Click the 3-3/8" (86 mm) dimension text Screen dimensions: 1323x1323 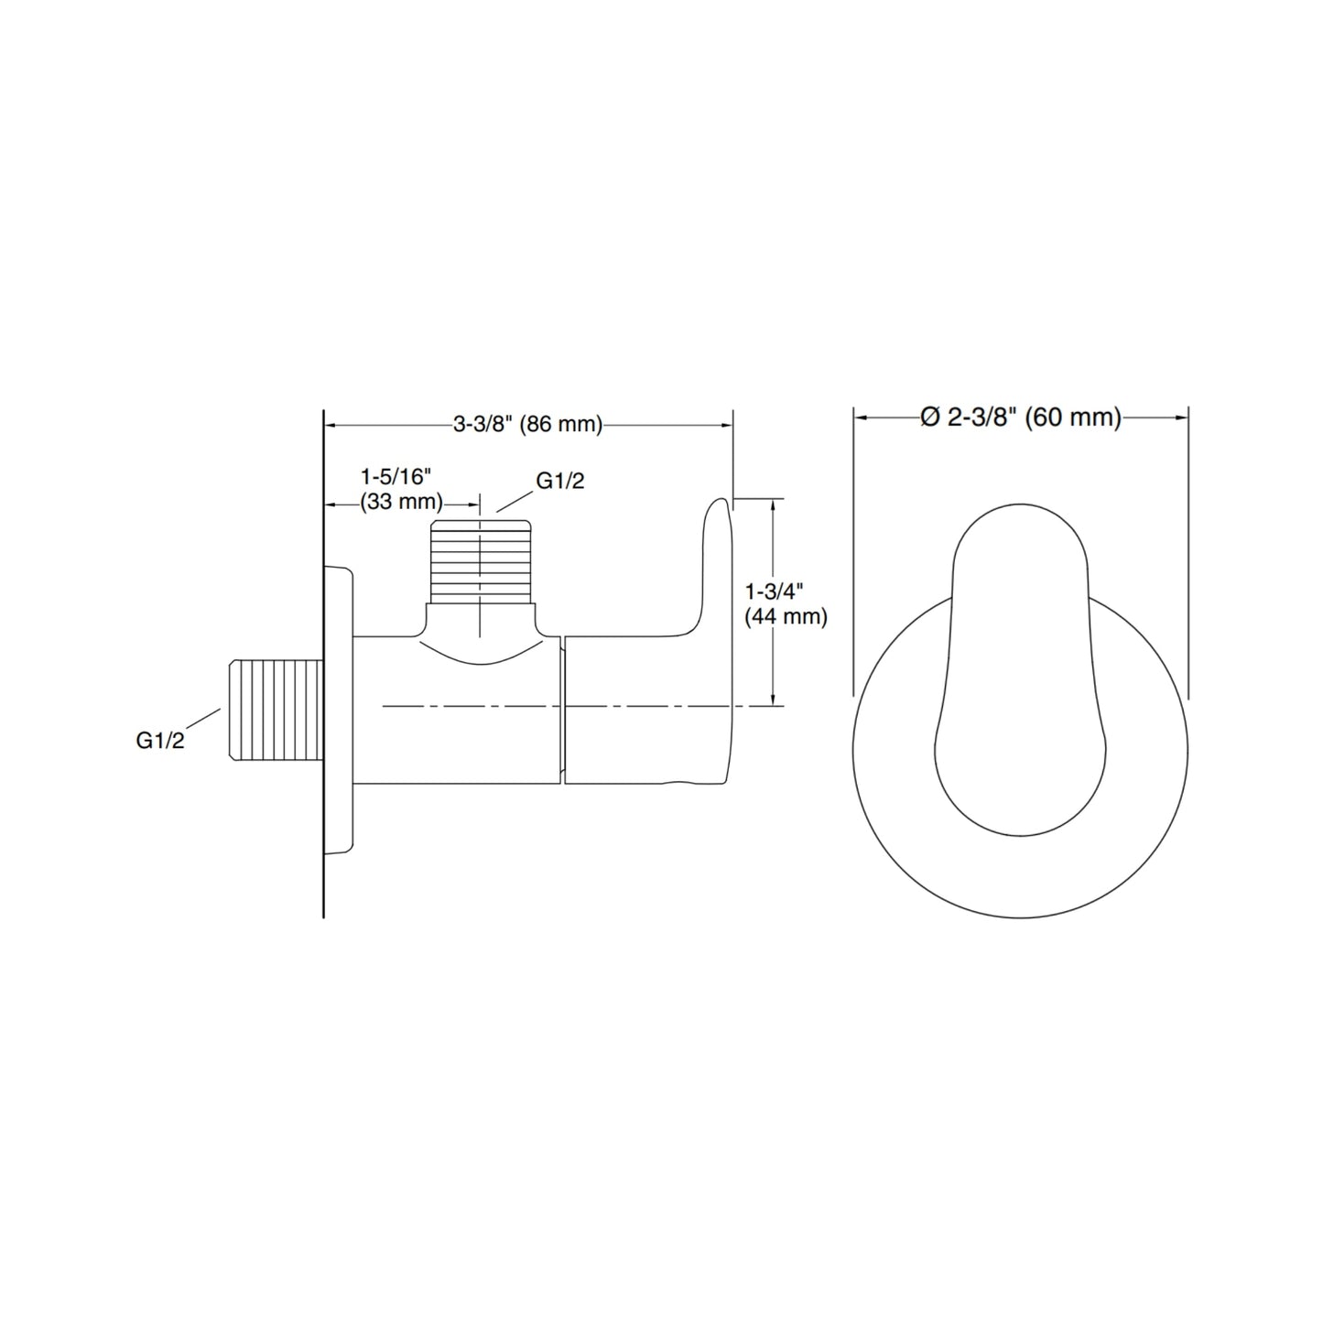[x=528, y=424]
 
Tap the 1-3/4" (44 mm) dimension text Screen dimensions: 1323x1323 [x=786, y=604]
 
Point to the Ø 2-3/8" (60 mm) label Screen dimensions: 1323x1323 [x=1021, y=418]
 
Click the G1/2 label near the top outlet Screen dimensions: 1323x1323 [x=559, y=482]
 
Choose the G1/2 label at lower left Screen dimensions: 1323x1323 [x=160, y=741]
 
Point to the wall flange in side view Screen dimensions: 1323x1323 [x=340, y=710]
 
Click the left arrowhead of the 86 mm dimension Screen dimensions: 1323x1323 [x=332, y=425]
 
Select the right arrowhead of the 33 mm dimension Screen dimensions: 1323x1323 [x=473, y=504]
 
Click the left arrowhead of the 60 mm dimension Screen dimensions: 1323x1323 [x=861, y=418]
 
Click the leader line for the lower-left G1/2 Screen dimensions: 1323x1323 [x=208, y=721]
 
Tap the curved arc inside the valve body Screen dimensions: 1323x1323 [x=481, y=657]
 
